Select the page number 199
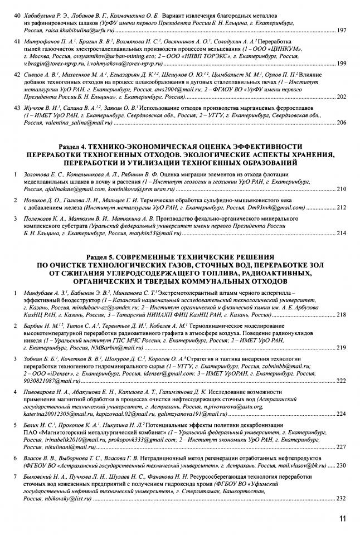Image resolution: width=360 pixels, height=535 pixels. pyautogui.click(x=342, y=65)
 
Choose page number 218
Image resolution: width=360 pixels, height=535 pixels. pyautogui.click(x=342, y=315)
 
